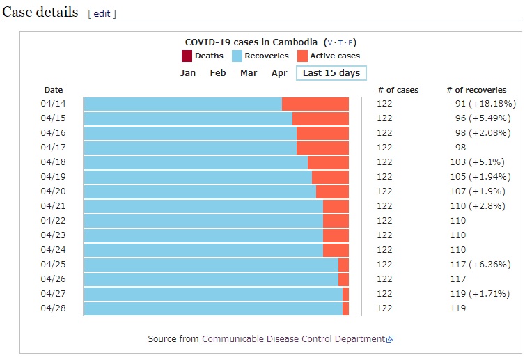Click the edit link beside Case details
[x=102, y=14]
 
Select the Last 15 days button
[x=331, y=73]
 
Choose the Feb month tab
[x=218, y=73]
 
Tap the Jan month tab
[x=188, y=73]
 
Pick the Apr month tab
[x=279, y=73]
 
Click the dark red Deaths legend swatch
[x=186, y=56]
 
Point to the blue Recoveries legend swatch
[x=237, y=56]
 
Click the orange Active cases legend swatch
[x=302, y=56]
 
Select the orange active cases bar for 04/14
[x=315, y=104]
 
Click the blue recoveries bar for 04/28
[x=213, y=308]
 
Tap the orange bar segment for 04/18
[x=328, y=162]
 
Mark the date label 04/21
[x=53, y=206]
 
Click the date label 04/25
[x=53, y=265]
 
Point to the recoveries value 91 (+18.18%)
[x=485, y=104]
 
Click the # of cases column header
[x=398, y=90]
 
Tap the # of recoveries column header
[x=476, y=90]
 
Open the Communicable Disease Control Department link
[x=293, y=339]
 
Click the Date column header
[x=54, y=90]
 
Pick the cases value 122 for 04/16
[x=384, y=133]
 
